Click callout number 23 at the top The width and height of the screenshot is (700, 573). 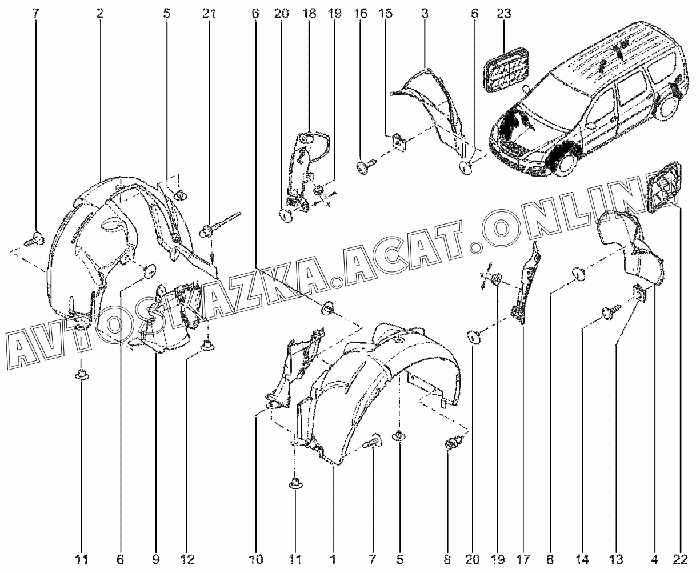click(x=504, y=14)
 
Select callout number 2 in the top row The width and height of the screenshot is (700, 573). click(x=100, y=14)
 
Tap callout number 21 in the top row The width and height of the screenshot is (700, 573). click(x=209, y=14)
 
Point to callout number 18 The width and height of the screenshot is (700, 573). click(x=309, y=14)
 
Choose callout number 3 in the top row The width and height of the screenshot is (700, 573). click(x=425, y=14)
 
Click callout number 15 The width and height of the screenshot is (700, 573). click(x=385, y=14)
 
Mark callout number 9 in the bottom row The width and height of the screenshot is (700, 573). click(x=155, y=559)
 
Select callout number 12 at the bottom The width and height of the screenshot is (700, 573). click(x=187, y=559)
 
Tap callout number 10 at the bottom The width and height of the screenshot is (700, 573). click(x=256, y=559)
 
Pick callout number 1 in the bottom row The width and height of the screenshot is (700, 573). click(x=333, y=559)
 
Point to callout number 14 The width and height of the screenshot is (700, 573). click(x=582, y=559)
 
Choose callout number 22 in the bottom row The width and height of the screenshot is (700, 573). click(x=680, y=559)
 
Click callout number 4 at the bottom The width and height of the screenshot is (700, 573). click(x=654, y=559)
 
